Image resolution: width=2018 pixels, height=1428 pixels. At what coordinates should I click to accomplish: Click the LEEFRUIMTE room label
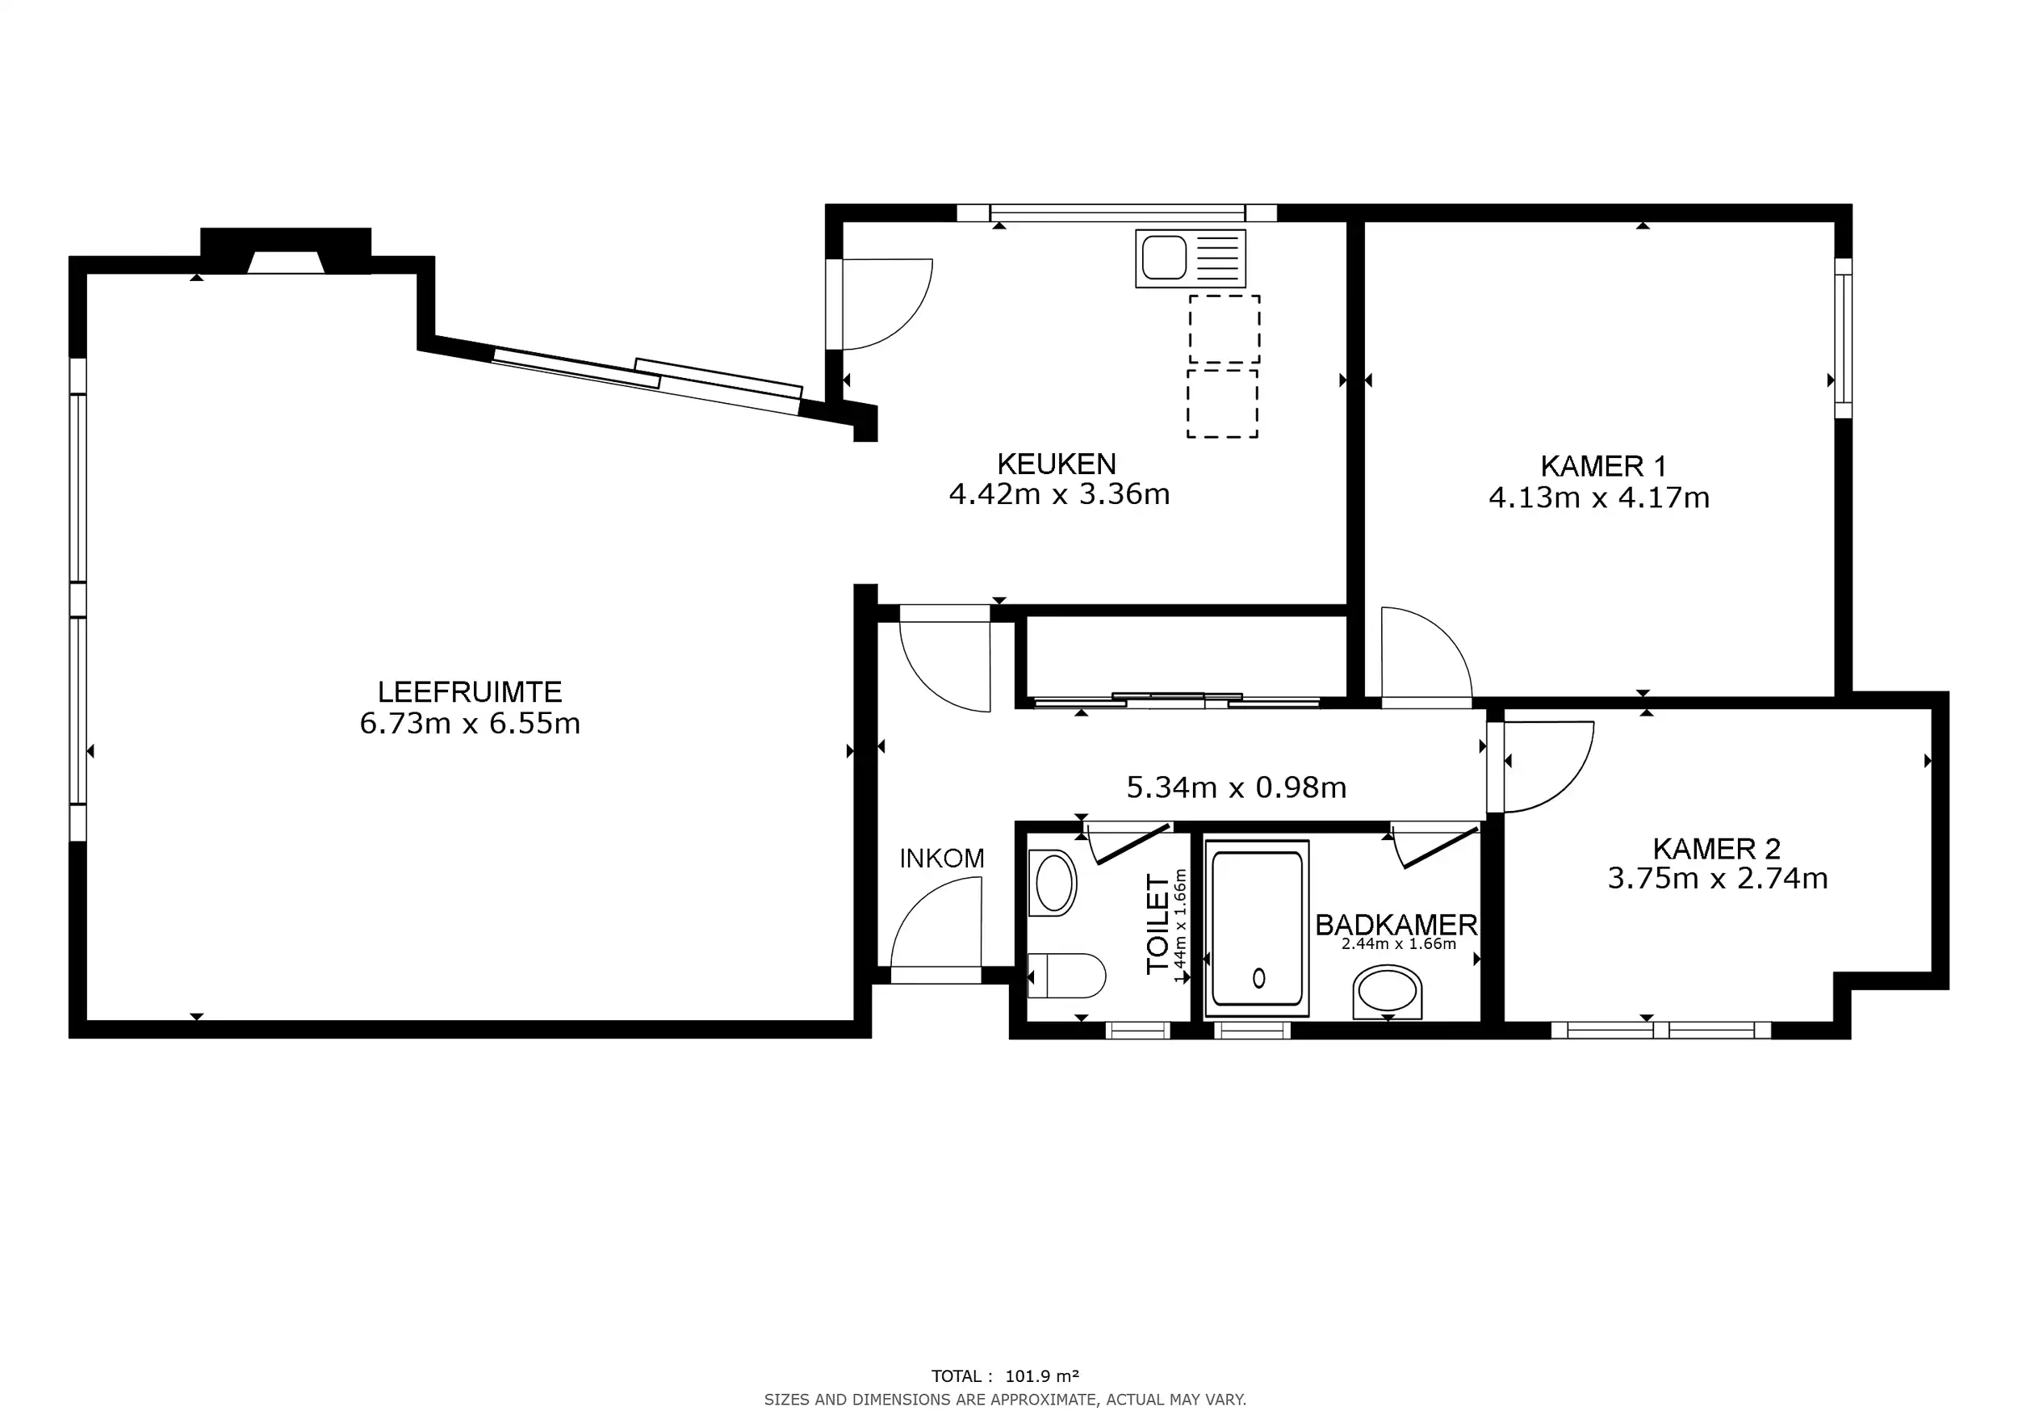pos(469,691)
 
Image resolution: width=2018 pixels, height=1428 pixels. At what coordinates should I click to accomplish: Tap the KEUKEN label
pos(1057,464)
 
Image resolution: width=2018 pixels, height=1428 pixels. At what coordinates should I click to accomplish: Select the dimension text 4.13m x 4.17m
pos(1599,498)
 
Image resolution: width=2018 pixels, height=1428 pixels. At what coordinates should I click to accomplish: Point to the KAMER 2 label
pos(1715,849)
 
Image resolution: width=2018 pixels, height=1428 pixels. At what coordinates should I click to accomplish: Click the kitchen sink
pos(1190,258)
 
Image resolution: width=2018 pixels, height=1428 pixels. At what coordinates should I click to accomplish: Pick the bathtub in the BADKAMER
pos(1257,929)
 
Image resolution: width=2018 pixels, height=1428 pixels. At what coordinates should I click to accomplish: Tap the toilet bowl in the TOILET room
pos(1066,975)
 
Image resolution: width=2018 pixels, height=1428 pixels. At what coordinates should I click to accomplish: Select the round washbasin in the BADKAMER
pos(1387,992)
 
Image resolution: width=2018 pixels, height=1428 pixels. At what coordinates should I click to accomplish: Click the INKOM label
pos(941,859)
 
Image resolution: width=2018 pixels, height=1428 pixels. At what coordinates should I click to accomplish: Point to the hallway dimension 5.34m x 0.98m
pos(1236,787)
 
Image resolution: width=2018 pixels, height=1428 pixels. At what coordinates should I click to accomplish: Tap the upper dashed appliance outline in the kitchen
pos(1225,329)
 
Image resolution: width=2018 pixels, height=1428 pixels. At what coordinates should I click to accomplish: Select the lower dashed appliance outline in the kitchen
pos(1222,404)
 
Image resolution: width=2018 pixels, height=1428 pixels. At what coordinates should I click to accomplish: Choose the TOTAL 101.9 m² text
pos(1005,1376)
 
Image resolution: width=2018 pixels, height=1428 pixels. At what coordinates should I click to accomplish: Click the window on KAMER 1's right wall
pos(1842,338)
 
